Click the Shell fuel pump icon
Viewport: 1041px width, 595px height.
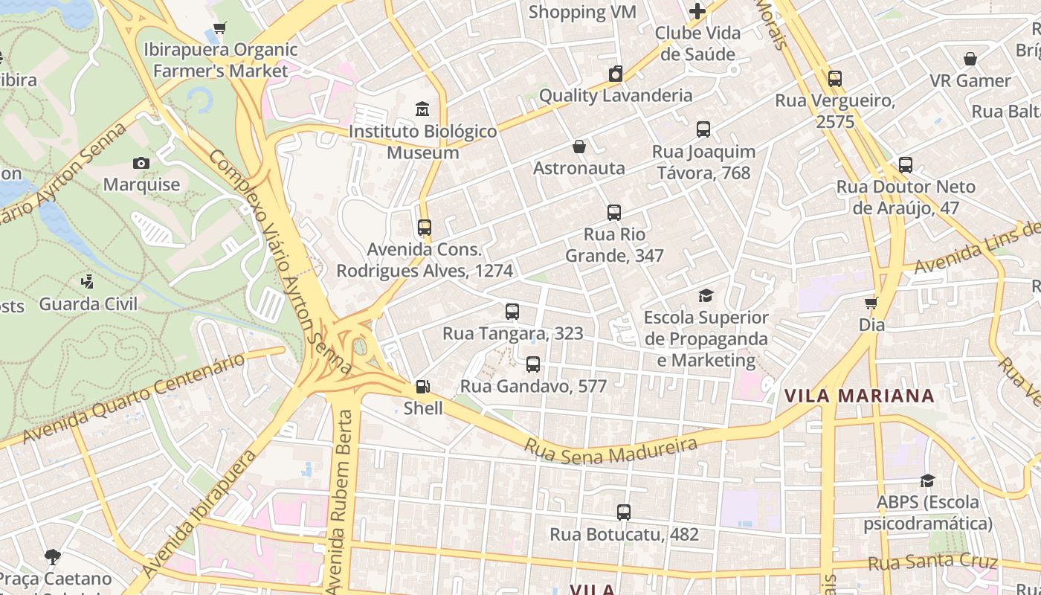click(x=422, y=386)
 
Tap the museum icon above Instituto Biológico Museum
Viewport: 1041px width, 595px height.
click(x=422, y=109)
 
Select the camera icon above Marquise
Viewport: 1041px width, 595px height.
click(x=141, y=163)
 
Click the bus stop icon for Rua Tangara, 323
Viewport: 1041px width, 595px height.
click(x=512, y=312)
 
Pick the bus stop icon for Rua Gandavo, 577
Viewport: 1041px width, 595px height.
click(x=532, y=364)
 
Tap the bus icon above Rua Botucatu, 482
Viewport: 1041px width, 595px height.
click(x=623, y=512)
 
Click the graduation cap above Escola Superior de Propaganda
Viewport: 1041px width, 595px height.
click(x=706, y=296)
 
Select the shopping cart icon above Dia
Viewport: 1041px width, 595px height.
click(x=871, y=303)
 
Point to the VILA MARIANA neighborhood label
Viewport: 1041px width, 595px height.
click(x=859, y=396)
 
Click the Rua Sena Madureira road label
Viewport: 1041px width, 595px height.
click(x=611, y=449)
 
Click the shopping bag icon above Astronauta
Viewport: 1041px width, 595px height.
click(x=578, y=147)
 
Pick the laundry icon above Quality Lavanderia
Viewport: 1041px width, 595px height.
click(x=615, y=74)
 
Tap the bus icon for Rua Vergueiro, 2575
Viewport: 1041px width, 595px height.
click(x=834, y=79)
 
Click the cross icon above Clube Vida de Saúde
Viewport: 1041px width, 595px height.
click(x=697, y=12)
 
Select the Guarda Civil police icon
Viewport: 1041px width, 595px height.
click(x=87, y=282)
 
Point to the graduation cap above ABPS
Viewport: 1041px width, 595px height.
click(x=926, y=480)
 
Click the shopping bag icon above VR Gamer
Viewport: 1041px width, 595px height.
click(x=970, y=59)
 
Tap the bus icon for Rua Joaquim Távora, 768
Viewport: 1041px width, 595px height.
click(x=703, y=129)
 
